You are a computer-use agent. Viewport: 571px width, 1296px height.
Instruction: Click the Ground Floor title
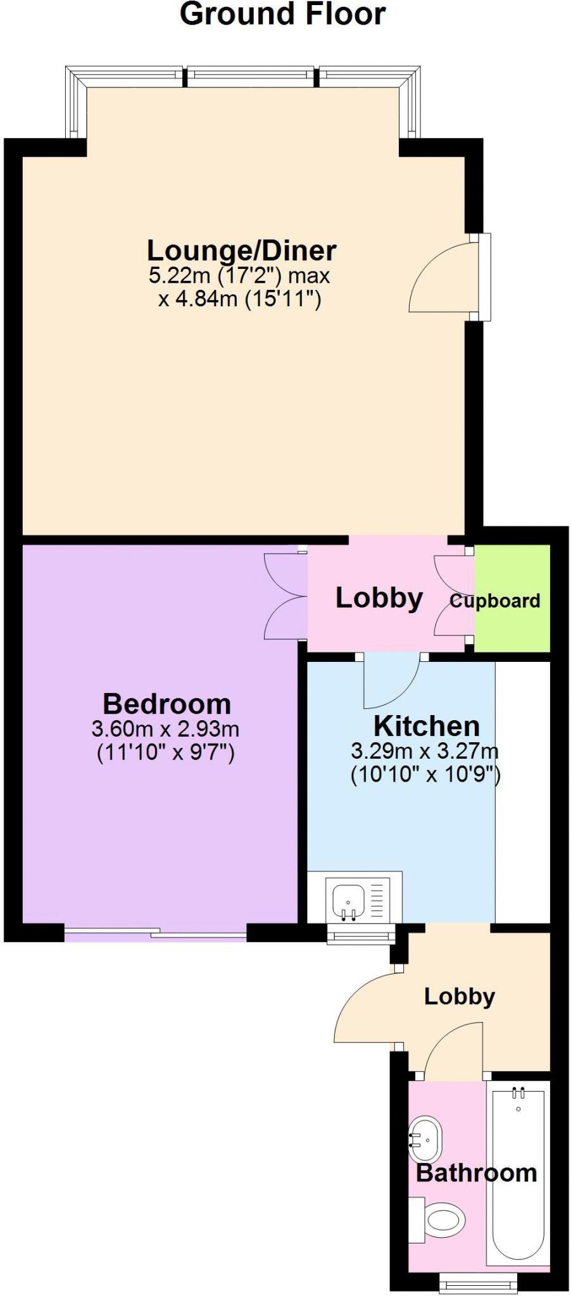click(282, 14)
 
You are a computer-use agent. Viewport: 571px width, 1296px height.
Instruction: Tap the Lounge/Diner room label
click(241, 251)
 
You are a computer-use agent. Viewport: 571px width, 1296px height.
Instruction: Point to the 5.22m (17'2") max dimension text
click(239, 276)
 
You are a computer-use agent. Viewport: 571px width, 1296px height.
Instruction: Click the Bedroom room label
click(166, 704)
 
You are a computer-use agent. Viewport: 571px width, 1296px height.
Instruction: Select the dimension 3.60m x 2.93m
click(165, 729)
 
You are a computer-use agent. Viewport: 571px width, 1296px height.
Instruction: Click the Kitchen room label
click(426, 726)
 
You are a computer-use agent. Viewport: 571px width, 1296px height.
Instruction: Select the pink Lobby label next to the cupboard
click(379, 597)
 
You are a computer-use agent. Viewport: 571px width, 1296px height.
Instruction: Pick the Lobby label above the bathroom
click(459, 996)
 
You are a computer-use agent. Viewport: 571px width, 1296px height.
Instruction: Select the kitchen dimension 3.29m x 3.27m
click(425, 752)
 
